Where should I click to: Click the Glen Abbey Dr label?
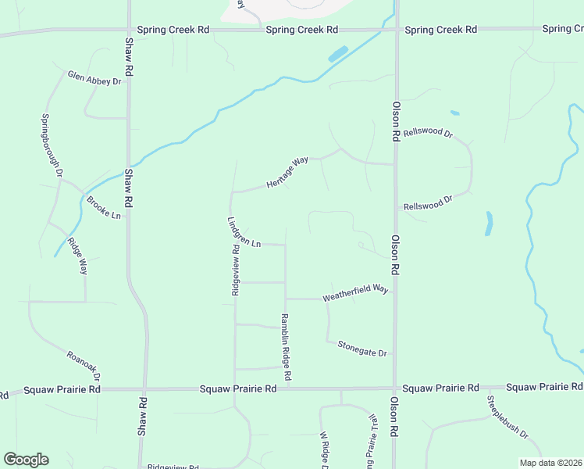95,79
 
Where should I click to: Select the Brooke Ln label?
104,208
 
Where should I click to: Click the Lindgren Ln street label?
244,232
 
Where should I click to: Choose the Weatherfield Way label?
355,293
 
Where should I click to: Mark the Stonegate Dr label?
362,349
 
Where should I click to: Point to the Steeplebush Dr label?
508,417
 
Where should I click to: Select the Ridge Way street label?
77,256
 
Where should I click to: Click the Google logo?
26,460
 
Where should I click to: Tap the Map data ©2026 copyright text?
551,463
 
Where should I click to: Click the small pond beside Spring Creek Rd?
338,55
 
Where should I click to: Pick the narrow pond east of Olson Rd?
490,224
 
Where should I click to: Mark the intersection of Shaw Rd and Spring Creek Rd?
128,30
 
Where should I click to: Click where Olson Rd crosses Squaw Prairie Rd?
396,388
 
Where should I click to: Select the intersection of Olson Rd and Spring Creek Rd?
396,30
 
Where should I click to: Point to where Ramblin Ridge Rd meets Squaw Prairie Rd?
287,388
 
